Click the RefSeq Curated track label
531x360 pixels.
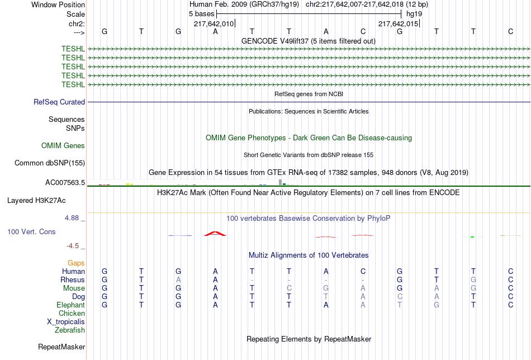tap(59, 102)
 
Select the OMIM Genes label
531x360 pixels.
tap(63, 146)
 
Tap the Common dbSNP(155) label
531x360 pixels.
tap(50, 163)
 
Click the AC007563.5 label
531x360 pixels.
tap(65, 183)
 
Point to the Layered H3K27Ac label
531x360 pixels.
tap(36, 201)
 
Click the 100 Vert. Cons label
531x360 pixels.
tap(31, 231)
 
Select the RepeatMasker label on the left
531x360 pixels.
tap(61, 347)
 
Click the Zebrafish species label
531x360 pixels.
tap(70, 330)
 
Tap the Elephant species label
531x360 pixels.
tap(70, 305)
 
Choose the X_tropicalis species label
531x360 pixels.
tap(66, 322)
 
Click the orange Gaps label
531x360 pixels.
tap(76, 263)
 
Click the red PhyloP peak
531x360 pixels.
tap(215, 234)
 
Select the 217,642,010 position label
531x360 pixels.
tap(214, 23)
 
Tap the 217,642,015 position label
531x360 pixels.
tap(398, 23)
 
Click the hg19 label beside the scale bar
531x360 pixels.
tap(414, 14)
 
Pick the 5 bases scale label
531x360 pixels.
tap(201, 14)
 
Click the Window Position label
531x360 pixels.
tap(58, 4)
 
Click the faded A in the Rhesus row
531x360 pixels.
tap(178, 280)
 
